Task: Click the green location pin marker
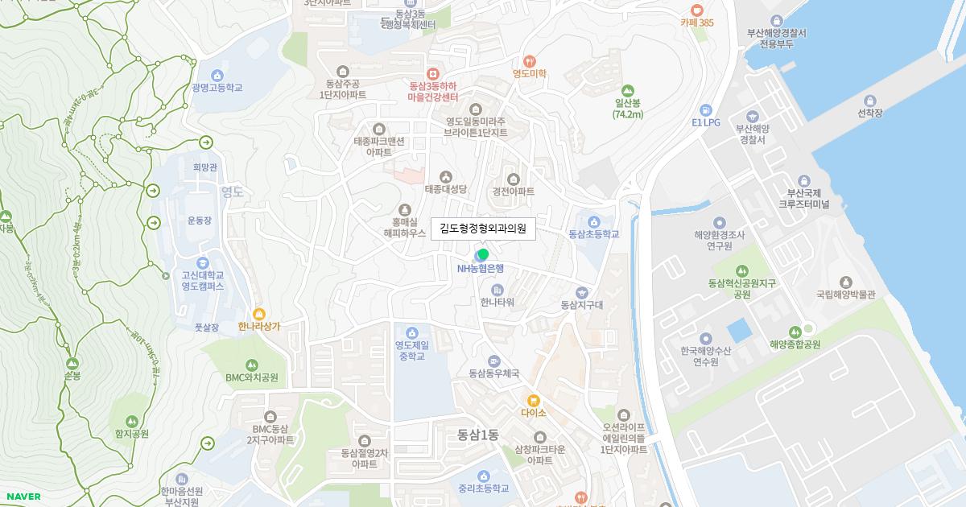pyautogui.click(x=483, y=254)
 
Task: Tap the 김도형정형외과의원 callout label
pyautogui.click(x=483, y=229)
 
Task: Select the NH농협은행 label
pyautogui.click(x=481, y=269)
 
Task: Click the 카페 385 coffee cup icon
pyautogui.click(x=697, y=10)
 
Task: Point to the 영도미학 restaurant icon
pyautogui.click(x=530, y=60)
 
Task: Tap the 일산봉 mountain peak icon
pyautogui.click(x=628, y=91)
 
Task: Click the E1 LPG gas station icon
pyautogui.click(x=706, y=110)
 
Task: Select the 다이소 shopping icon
pyautogui.click(x=533, y=400)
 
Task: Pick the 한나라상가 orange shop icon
pyautogui.click(x=258, y=314)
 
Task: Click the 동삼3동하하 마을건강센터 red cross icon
pyautogui.click(x=433, y=73)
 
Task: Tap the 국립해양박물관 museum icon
pyautogui.click(x=845, y=282)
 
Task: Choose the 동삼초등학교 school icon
pyautogui.click(x=594, y=221)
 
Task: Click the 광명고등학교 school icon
pyautogui.click(x=217, y=75)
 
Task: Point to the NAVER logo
pyautogui.click(x=23, y=497)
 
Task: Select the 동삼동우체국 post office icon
pyautogui.click(x=493, y=361)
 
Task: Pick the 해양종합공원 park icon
pyautogui.click(x=795, y=332)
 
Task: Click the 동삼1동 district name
pyautogui.click(x=478, y=435)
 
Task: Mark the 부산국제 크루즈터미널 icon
pyautogui.click(x=803, y=180)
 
